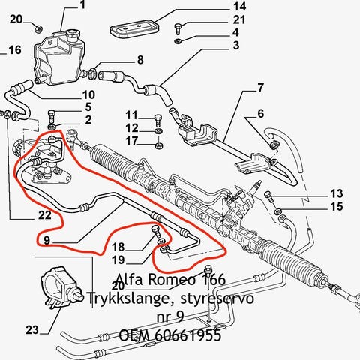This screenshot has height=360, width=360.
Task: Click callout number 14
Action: coord(240,7)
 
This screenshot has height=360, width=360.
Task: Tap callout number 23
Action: coord(32,330)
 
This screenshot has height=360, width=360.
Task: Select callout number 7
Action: coord(260,88)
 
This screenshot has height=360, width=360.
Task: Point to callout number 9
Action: coord(46,240)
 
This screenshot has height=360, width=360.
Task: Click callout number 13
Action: coord(337,193)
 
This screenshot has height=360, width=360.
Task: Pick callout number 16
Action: coord(15,49)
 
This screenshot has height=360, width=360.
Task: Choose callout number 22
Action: coord(45,215)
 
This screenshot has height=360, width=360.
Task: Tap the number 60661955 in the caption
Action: coord(188,335)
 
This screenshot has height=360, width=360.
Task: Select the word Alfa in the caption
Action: coord(130,279)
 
